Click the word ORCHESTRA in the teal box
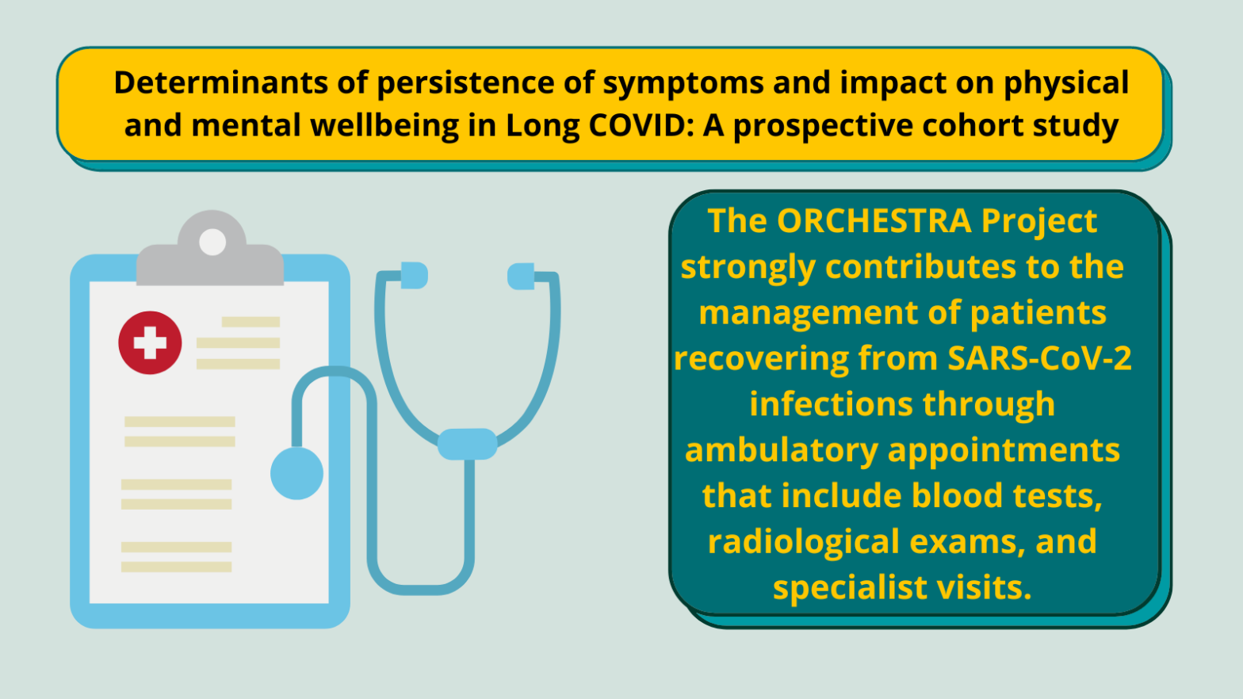(874, 221)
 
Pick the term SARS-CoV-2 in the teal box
(1039, 358)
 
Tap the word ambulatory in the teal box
(782, 450)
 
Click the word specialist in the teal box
(850, 588)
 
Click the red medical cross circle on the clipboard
(150, 342)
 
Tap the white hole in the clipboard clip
(212, 243)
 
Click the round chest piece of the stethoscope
(296, 473)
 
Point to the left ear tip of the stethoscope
(414, 275)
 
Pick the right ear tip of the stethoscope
(521, 277)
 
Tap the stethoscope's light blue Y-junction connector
(467, 444)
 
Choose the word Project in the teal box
(1039, 222)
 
